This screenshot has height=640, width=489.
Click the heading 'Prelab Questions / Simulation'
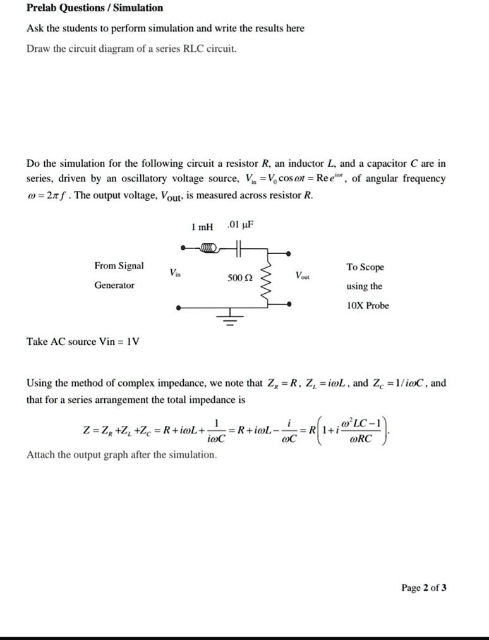point(95,8)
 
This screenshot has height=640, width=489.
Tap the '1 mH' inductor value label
point(202,226)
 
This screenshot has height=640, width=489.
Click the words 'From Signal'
point(119,266)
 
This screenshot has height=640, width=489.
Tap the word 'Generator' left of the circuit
point(114,286)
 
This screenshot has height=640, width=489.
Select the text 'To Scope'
point(365,267)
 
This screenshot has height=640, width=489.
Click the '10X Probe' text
point(368,306)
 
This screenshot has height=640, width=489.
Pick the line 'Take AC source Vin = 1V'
point(83,342)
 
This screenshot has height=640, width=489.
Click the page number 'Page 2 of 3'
point(424,588)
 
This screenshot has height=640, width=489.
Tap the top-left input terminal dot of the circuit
point(181,247)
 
